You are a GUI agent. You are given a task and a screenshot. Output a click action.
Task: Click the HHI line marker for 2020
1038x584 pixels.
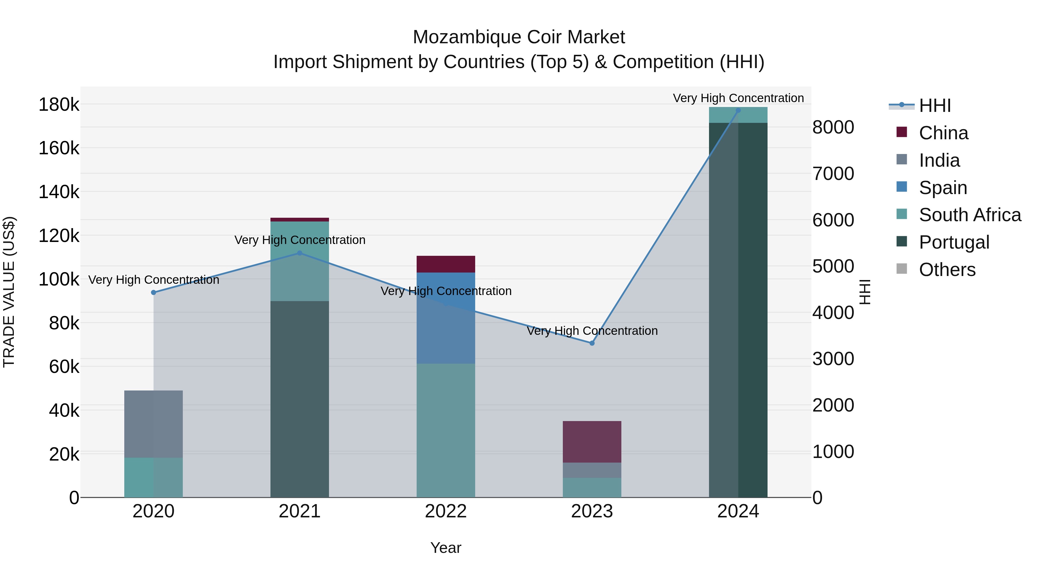point(153,293)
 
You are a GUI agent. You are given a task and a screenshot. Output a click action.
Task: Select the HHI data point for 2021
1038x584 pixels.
point(299,253)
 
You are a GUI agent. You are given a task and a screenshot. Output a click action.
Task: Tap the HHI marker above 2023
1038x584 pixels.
point(592,343)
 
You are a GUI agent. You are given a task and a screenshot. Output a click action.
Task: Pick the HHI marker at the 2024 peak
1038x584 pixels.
point(738,110)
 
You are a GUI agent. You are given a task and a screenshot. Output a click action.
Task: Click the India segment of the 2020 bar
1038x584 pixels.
point(153,424)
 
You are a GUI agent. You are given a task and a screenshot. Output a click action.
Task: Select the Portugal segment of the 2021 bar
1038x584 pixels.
point(299,399)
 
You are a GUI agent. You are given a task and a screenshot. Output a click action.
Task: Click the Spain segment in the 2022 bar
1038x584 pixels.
point(446,318)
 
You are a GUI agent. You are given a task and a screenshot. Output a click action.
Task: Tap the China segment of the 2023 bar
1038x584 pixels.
point(592,442)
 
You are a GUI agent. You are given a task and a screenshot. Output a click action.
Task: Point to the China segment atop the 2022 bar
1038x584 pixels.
point(446,264)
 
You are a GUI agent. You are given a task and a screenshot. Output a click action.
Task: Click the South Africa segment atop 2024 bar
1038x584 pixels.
point(738,115)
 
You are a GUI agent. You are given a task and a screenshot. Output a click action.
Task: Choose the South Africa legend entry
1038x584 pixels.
point(969,215)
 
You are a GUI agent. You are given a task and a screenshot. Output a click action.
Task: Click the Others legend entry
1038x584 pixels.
point(947,270)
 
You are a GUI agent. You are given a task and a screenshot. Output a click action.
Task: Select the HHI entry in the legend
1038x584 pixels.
point(935,106)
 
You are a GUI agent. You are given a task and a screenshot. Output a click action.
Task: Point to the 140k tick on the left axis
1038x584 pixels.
point(59,192)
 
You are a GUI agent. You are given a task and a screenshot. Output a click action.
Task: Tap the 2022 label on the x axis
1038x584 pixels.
point(446,511)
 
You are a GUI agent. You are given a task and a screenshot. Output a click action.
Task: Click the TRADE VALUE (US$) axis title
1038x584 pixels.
point(9,292)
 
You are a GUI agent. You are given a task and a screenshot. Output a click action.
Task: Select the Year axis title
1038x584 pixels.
point(446,548)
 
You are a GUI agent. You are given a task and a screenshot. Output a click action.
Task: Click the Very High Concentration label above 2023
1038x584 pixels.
point(592,331)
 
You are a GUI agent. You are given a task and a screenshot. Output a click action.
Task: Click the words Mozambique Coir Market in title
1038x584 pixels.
point(519,37)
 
